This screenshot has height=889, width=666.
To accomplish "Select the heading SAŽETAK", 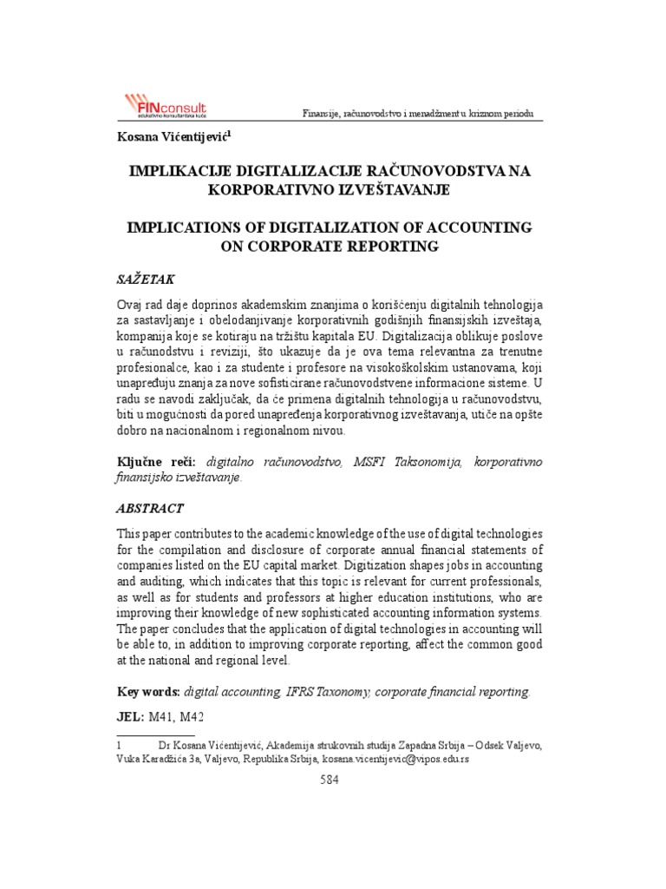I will (x=146, y=280).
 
